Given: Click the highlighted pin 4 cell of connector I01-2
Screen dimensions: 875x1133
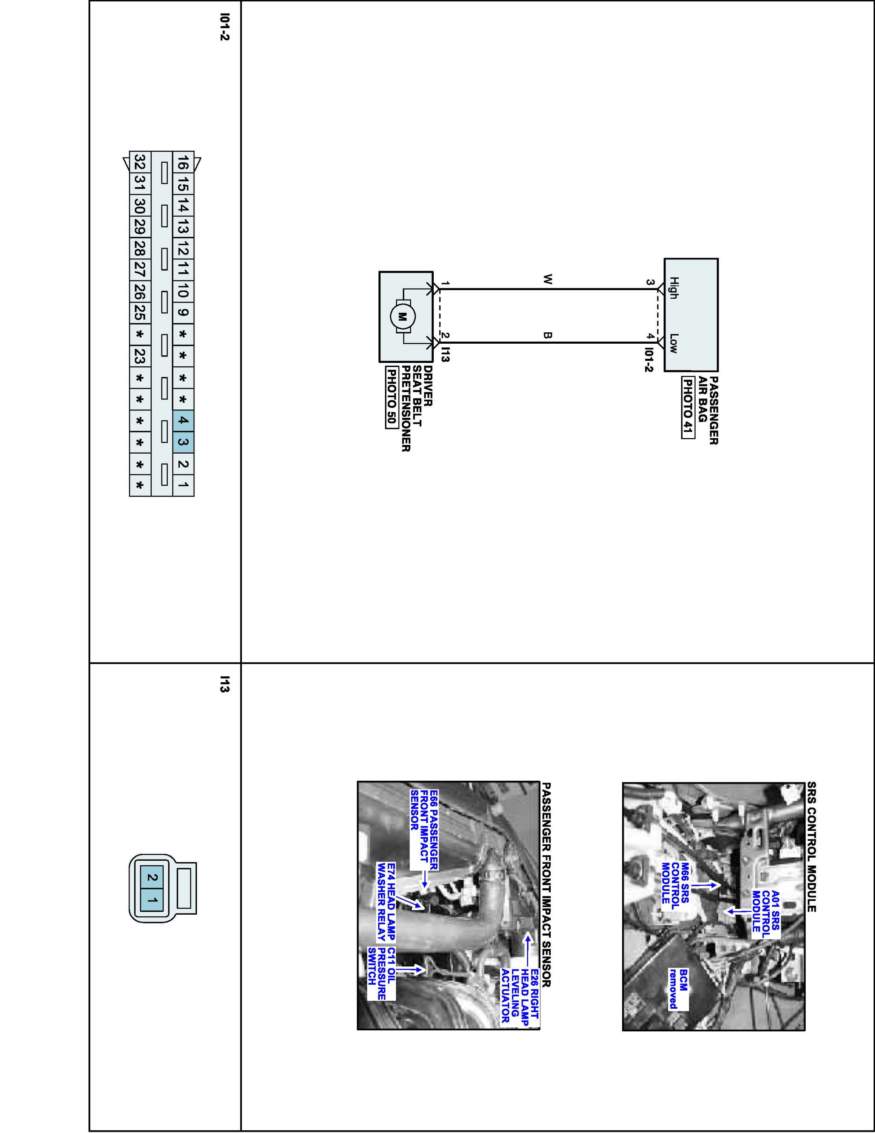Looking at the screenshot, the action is tap(183, 420).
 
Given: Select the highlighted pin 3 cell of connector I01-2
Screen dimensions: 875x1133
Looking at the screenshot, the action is tap(183, 443).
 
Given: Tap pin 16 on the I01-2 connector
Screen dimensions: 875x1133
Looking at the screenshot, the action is tap(183, 162).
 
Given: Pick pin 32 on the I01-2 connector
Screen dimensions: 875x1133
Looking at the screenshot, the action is tap(139, 162).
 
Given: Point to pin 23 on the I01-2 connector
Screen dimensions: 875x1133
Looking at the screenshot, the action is tap(139, 356).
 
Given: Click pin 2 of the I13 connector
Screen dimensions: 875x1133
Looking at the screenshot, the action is tap(152, 878).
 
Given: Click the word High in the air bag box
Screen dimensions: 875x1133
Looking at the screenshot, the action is tap(673, 288).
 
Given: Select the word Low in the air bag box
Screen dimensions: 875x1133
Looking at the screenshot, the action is tap(673, 343).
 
